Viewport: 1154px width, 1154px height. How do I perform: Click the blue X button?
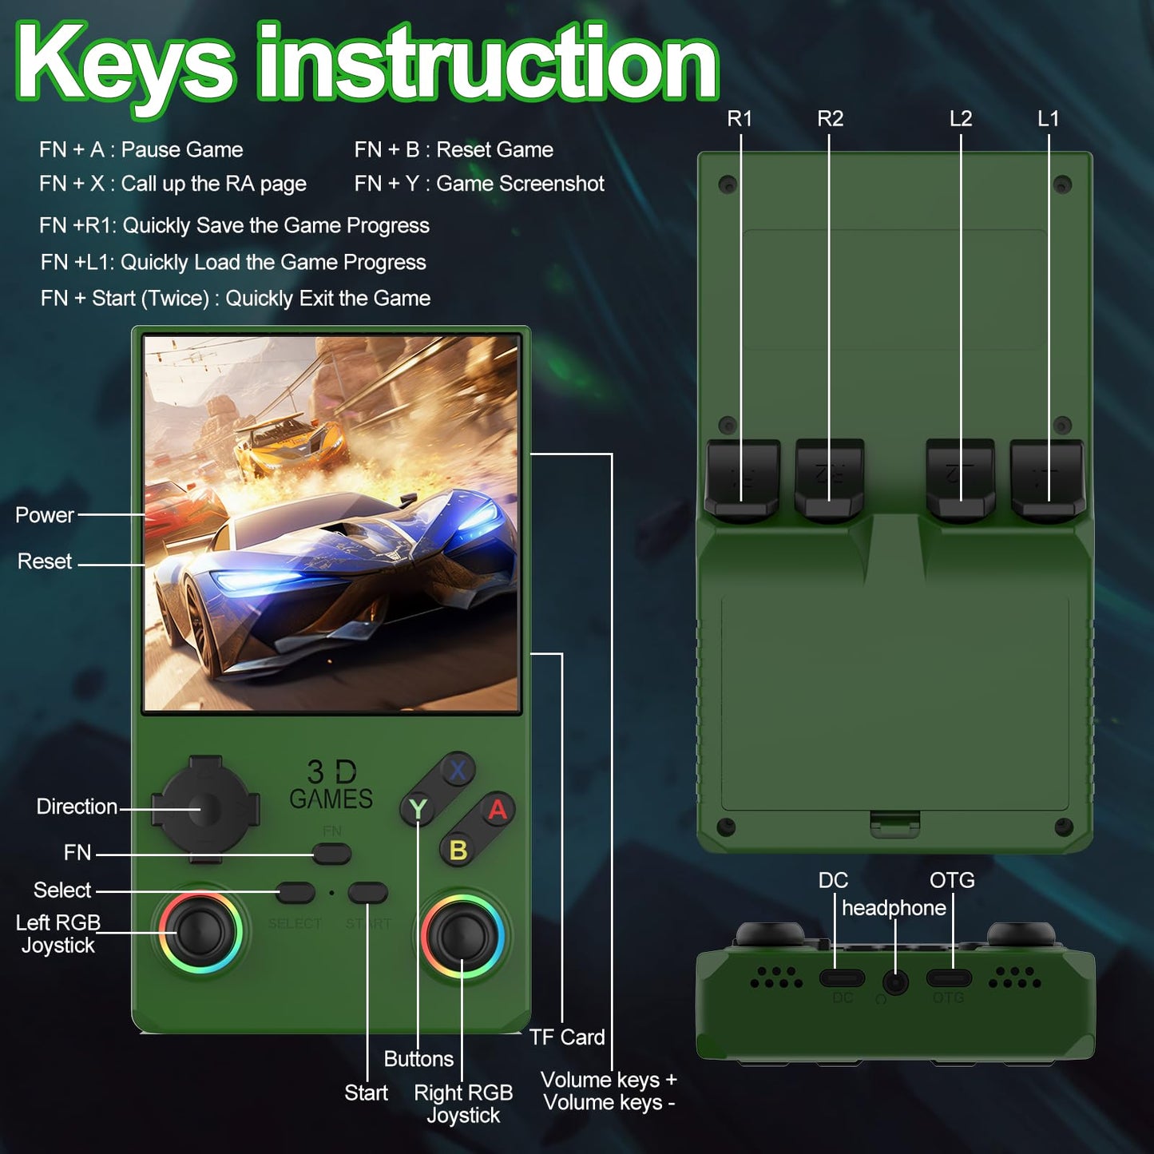458,770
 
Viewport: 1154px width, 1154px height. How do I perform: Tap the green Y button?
418,809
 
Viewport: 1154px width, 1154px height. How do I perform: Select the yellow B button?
458,849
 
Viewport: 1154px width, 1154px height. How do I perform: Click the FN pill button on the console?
331,854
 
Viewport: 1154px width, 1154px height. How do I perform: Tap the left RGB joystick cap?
200,933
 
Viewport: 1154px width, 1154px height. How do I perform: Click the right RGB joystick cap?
462,935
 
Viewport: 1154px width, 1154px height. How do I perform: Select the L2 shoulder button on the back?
961,479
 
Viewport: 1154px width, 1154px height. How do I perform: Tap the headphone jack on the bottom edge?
895,983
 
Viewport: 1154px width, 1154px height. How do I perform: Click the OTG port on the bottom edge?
949,978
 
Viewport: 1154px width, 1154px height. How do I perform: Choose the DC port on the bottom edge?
842,978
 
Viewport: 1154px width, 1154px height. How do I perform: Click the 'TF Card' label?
566,1037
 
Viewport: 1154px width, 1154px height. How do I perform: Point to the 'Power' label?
44,514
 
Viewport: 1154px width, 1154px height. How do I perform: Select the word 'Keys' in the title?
125,65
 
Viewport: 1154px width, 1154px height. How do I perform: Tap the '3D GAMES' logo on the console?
331,785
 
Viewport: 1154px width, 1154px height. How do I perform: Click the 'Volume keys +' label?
609,1080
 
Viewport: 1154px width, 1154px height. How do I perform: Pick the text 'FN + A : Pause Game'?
141,149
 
